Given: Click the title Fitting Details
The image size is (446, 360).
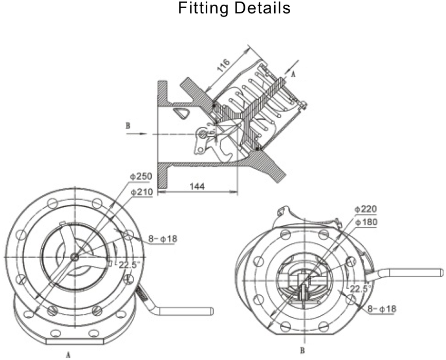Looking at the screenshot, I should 234,9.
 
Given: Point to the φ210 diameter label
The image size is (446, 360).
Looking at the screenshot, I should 141,192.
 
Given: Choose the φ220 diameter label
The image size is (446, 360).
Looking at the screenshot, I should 366,209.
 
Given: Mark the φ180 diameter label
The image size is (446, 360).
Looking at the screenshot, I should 366,223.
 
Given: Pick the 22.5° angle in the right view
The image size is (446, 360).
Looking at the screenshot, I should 361,289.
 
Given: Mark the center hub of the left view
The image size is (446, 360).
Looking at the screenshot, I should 75,257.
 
